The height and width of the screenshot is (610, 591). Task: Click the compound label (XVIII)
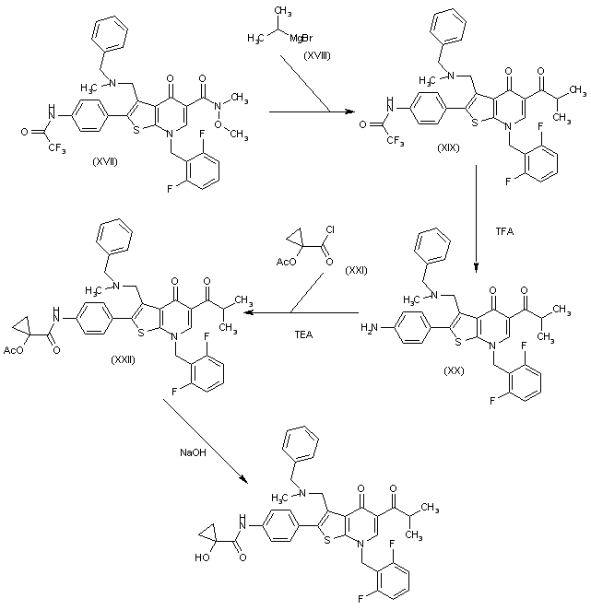point(319,57)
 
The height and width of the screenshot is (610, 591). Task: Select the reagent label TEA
point(303,334)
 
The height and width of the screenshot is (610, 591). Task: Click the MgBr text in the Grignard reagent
point(301,37)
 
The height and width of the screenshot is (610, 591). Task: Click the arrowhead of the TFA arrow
point(476,266)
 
